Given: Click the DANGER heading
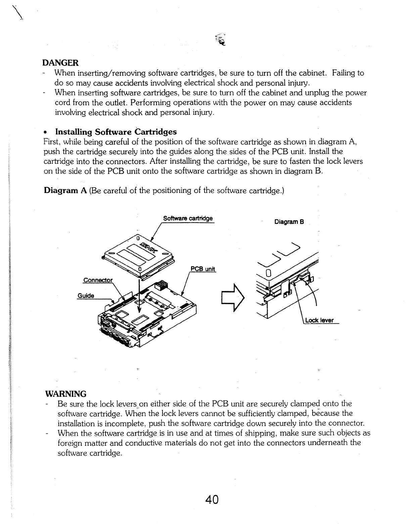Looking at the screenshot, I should [x=60, y=63].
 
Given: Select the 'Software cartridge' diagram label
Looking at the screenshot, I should [x=188, y=219].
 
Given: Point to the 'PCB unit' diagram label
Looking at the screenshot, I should [x=202, y=269].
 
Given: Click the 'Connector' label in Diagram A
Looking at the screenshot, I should [x=98, y=280].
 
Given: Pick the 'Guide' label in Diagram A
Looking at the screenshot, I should [x=86, y=295].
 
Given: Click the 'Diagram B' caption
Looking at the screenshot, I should [x=289, y=222].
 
